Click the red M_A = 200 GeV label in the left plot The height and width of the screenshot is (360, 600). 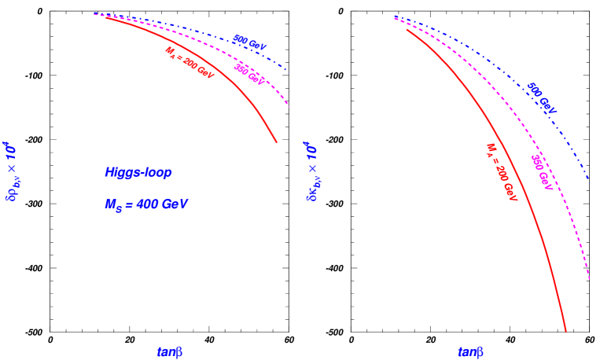[189, 62]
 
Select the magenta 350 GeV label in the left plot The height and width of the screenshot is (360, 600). [248, 75]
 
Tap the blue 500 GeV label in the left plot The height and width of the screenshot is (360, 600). [250, 40]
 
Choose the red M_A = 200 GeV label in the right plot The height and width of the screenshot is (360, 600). [501, 172]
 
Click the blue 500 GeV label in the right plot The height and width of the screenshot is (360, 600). [541, 98]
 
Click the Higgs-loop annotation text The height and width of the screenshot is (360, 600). [138, 172]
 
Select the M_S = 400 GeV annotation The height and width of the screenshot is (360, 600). [146, 204]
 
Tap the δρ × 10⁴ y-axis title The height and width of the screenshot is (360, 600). [11, 171]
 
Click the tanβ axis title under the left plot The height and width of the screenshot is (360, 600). [170, 352]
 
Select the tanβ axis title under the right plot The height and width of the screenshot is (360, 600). [470, 352]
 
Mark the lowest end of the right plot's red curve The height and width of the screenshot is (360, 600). [566, 331]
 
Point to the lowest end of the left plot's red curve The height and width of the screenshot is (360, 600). [277, 142]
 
